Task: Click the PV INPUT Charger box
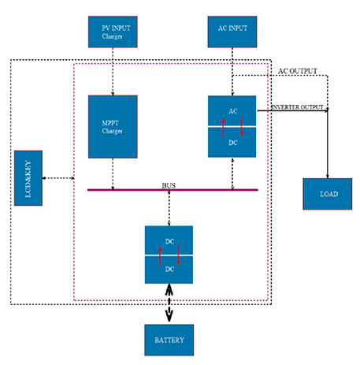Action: tap(113, 32)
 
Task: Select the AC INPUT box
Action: tap(232, 32)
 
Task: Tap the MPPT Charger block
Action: tap(113, 127)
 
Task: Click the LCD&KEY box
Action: tap(28, 178)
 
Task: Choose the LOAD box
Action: tap(328, 194)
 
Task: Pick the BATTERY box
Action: tap(169, 340)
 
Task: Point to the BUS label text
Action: tap(169, 185)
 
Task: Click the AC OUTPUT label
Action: tap(298, 71)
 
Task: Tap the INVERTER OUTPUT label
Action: tap(297, 107)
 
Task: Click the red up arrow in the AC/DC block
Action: tap(223, 127)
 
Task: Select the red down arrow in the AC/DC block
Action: tap(242, 127)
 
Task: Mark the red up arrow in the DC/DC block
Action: tap(160, 256)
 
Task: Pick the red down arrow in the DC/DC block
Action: tap(178, 255)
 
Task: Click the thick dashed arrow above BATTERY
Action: tap(169, 303)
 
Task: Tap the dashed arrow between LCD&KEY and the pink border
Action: tap(58, 178)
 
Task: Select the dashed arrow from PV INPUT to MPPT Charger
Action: tap(113, 72)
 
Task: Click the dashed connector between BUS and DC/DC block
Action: tap(169, 208)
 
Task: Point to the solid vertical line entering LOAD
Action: tap(328, 143)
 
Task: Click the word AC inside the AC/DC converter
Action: tap(233, 111)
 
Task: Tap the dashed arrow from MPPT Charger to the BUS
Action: tap(113, 174)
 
